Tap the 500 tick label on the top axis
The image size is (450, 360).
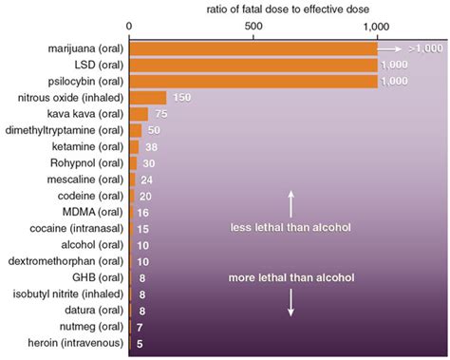point(253,27)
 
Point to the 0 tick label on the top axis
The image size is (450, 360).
point(129,27)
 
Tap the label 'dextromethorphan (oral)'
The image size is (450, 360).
point(65,261)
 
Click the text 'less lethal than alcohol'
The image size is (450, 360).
point(291,229)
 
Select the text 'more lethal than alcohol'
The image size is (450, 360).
point(291,278)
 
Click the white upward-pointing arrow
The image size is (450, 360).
point(291,202)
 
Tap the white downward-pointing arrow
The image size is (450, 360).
point(291,304)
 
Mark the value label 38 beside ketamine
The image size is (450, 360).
point(151,146)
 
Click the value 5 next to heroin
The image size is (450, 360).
point(141,344)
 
